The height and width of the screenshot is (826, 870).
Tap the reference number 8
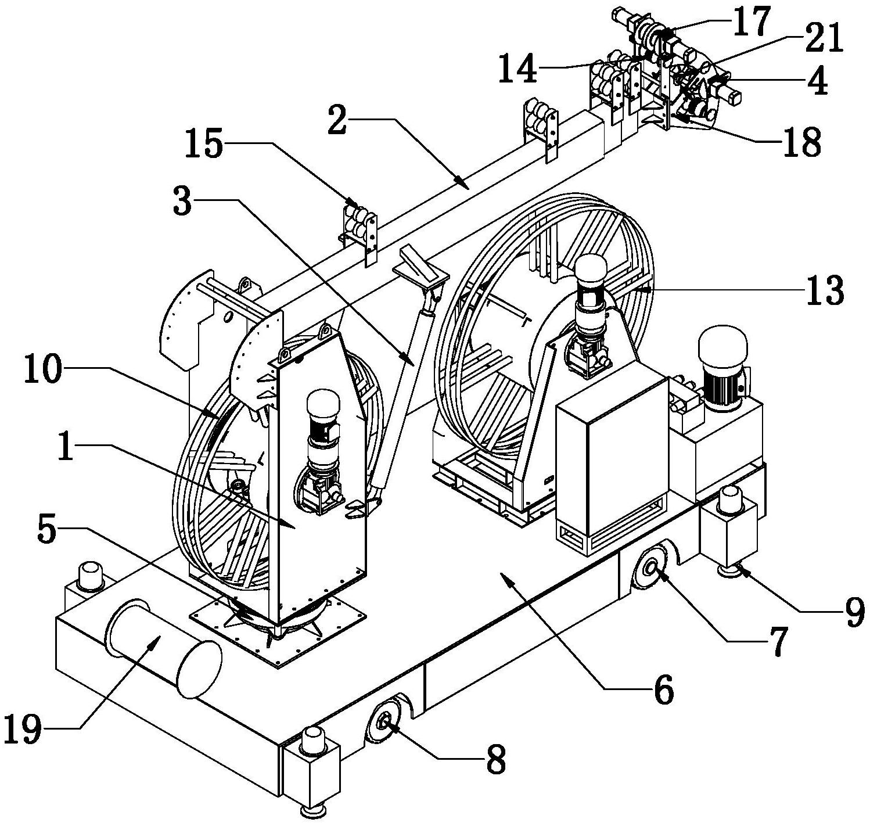pos(495,759)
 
